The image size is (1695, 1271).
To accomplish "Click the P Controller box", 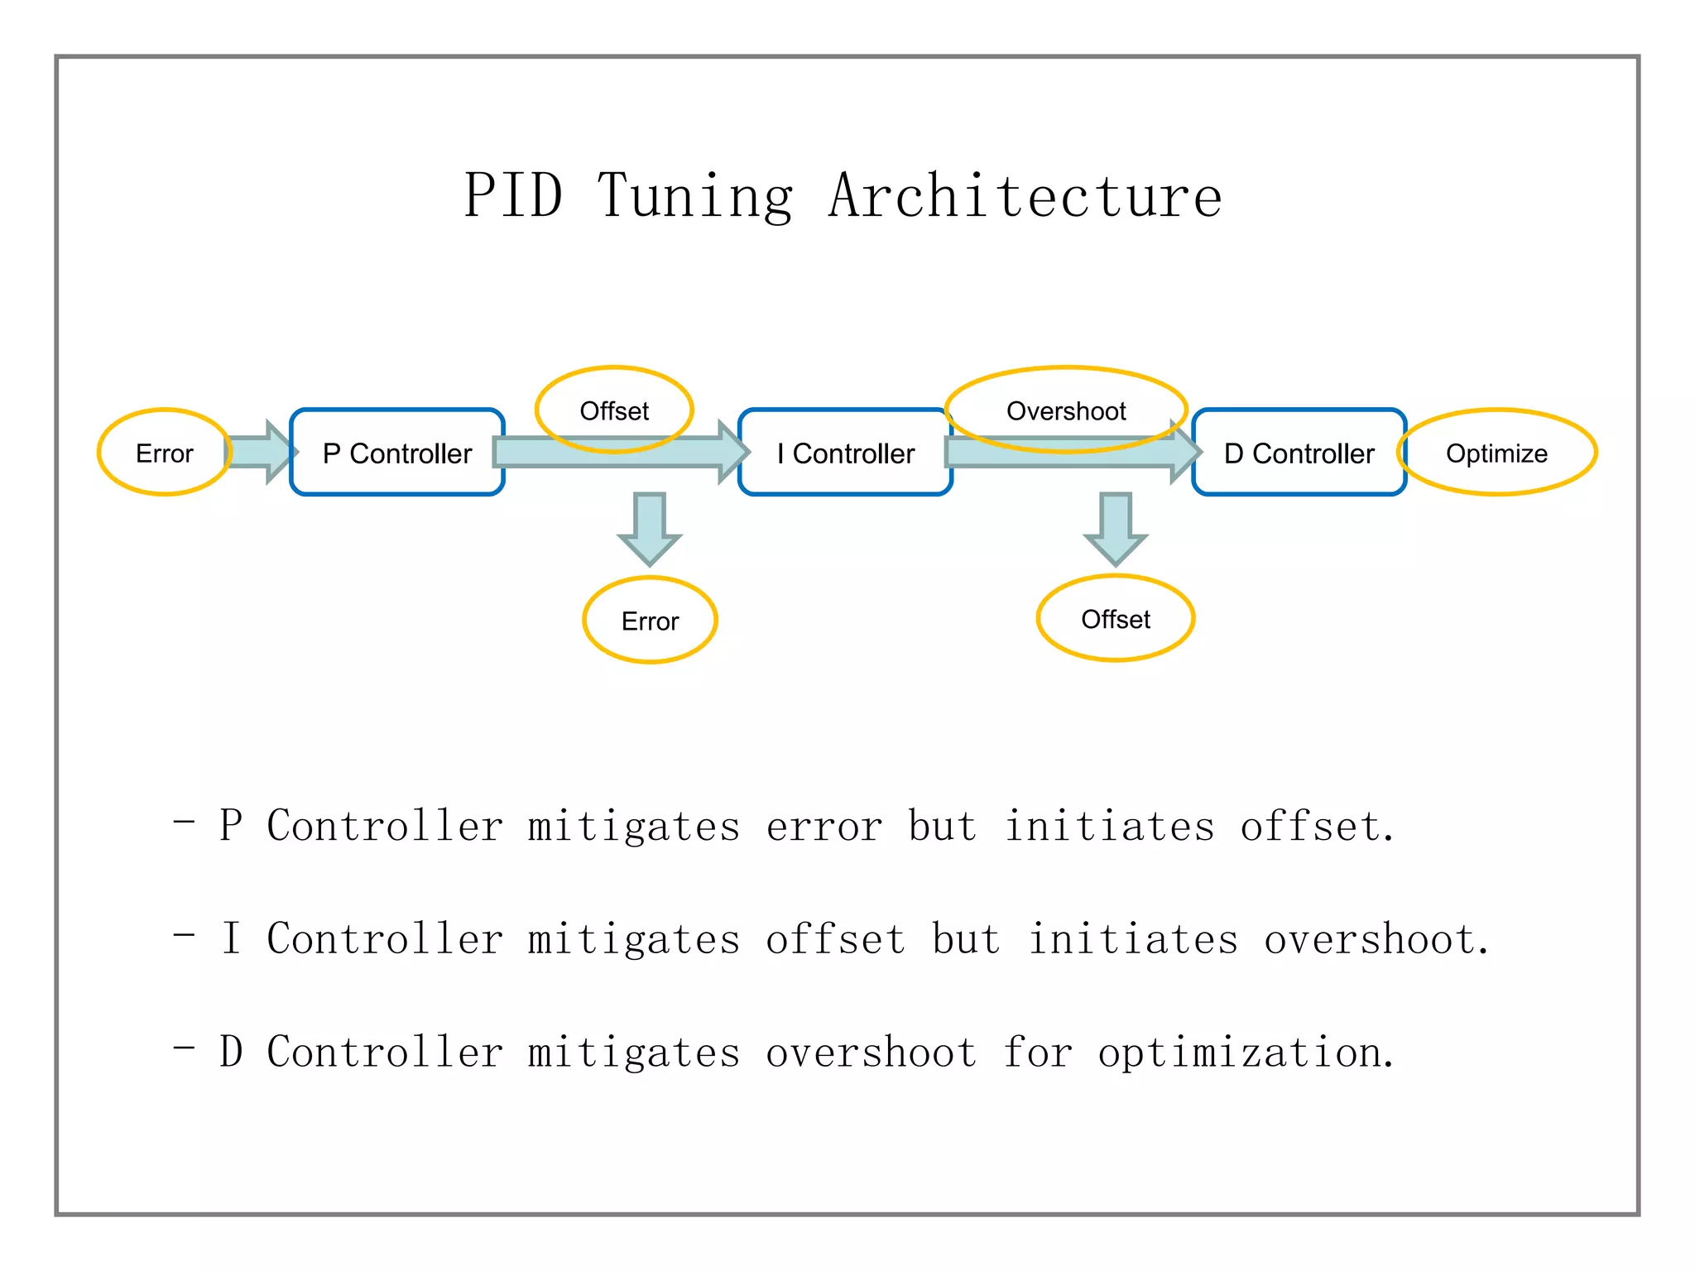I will pyautogui.click(x=397, y=453).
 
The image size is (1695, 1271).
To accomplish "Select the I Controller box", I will pyautogui.click(x=845, y=453).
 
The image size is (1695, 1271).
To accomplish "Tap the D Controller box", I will pyautogui.click(x=1299, y=453).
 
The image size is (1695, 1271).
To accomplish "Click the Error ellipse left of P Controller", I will pyautogui.click(x=164, y=453).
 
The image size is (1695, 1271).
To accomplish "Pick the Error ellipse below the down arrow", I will pyautogui.click(x=650, y=621).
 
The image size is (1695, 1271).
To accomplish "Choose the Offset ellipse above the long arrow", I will pyautogui.click(x=614, y=410).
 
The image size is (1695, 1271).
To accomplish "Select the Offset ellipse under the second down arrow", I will pyautogui.click(x=1115, y=619).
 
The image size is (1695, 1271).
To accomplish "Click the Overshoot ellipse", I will pyautogui.click(x=1066, y=410).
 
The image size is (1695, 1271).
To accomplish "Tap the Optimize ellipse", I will pyautogui.click(x=1496, y=453).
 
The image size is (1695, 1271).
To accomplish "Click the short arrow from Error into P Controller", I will pyautogui.click(x=261, y=452).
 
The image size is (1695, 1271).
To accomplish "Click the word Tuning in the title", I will pyautogui.click(x=695, y=196).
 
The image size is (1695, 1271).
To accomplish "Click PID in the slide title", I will pyautogui.click(x=513, y=196).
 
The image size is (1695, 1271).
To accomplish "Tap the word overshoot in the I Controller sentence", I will pyautogui.click(x=1376, y=940).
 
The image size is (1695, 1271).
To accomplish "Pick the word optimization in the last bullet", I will pyautogui.click(x=1246, y=1053).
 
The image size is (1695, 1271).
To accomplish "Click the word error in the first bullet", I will pyautogui.click(x=824, y=827).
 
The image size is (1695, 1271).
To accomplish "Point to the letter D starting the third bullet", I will pyautogui.click(x=231, y=1052).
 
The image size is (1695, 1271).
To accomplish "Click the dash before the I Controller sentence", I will pyautogui.click(x=184, y=935).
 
